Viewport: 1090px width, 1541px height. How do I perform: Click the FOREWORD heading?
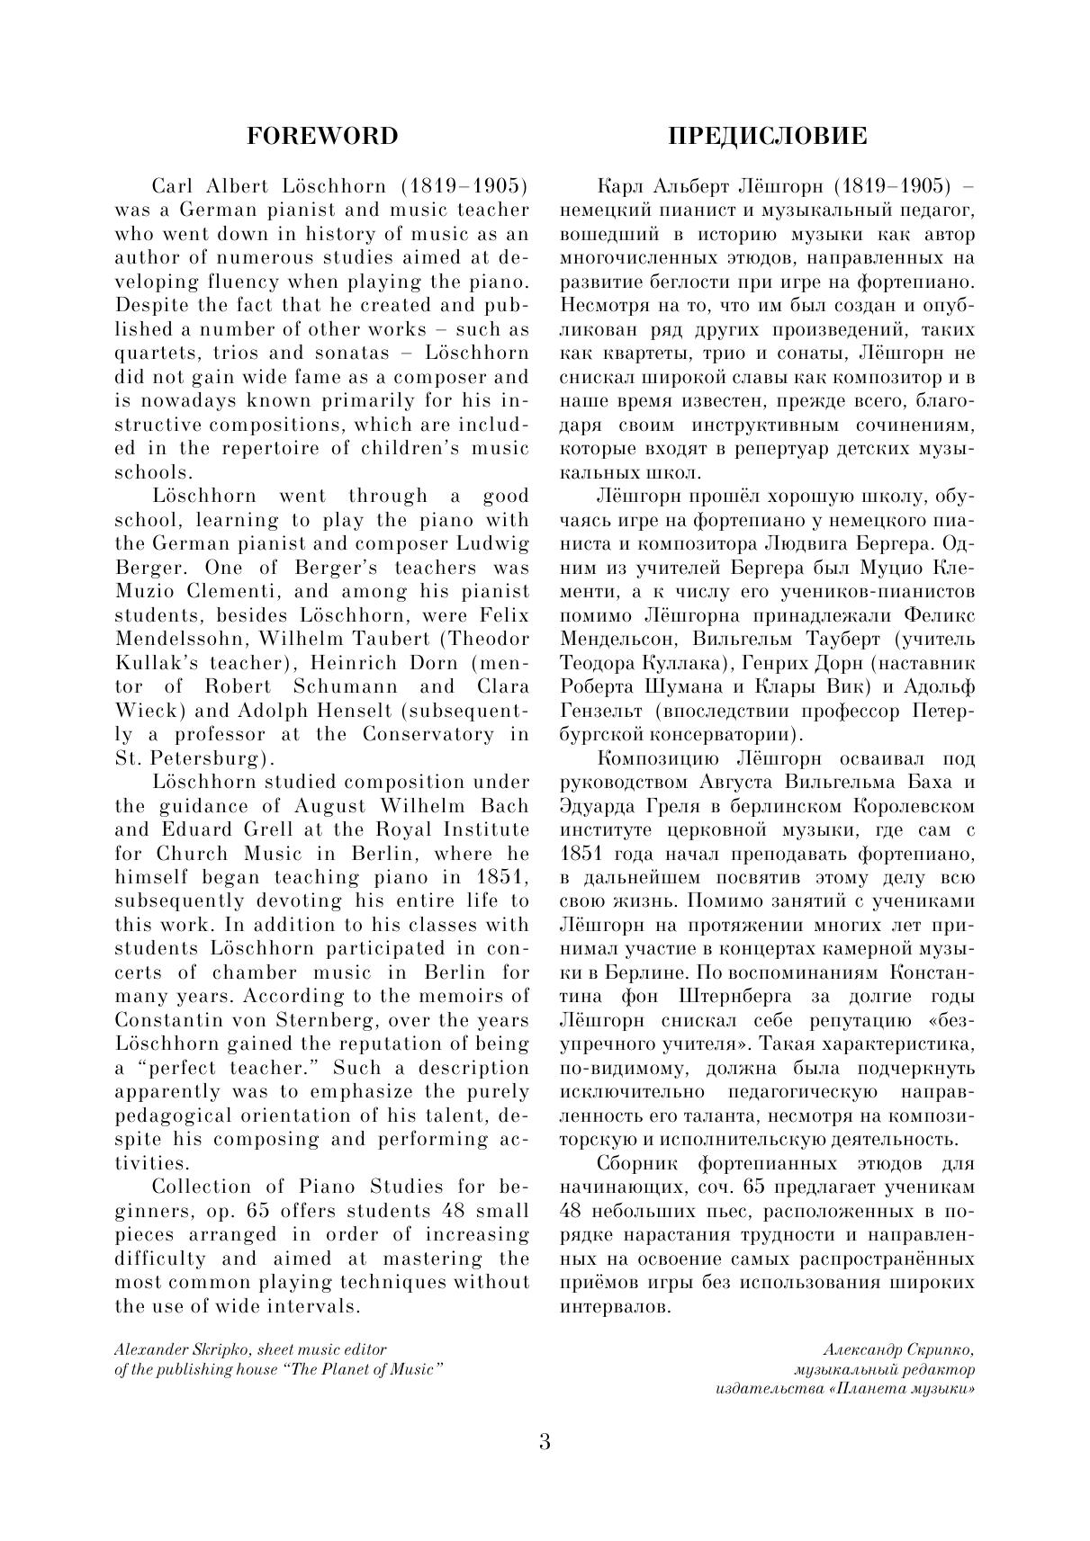point(321,136)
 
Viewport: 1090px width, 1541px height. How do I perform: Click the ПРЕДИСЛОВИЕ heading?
point(767,136)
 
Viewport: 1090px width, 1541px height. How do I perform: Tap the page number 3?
point(545,1442)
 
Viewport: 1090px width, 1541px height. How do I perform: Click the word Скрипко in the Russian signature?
point(941,1350)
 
